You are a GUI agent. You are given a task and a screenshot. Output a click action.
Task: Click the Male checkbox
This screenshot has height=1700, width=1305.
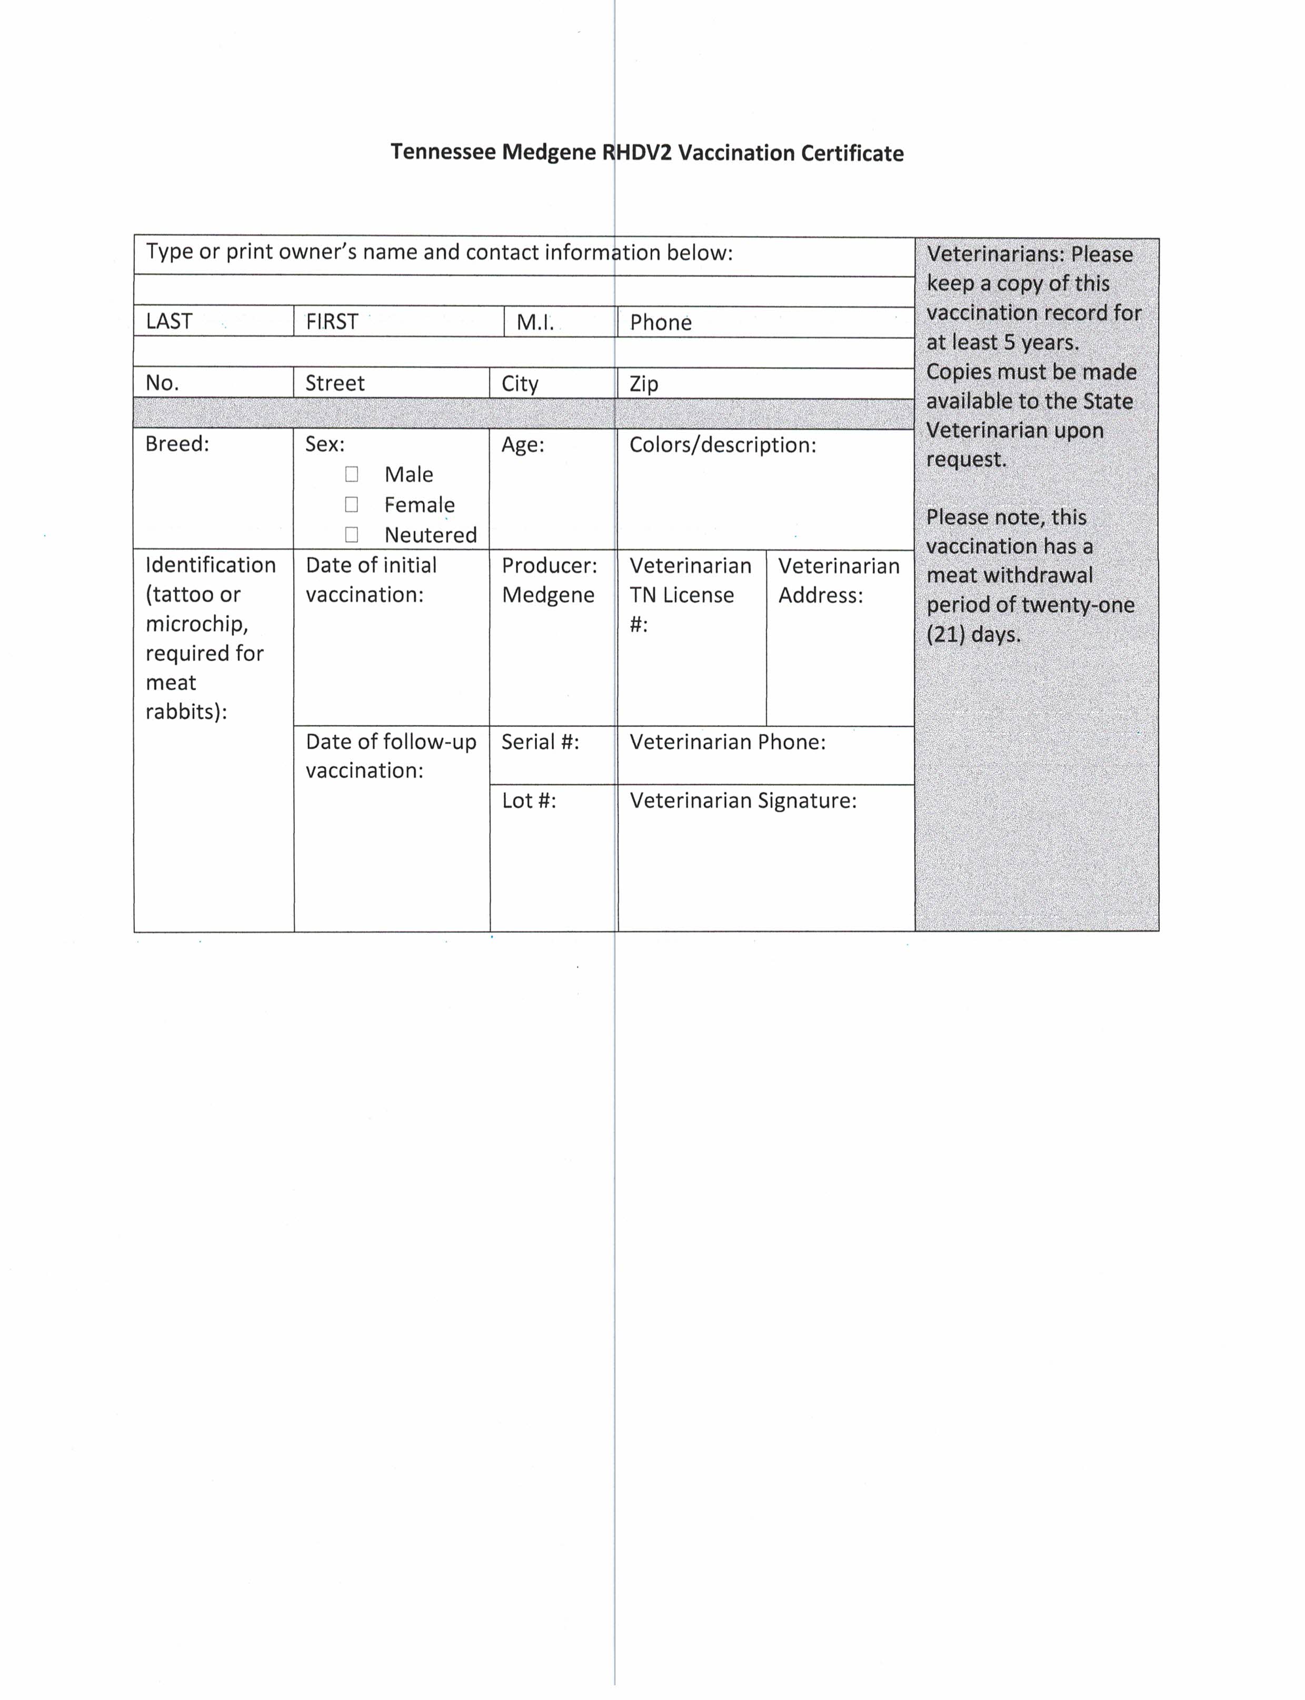coord(352,474)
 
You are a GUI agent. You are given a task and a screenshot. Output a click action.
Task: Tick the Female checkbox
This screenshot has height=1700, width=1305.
coord(352,505)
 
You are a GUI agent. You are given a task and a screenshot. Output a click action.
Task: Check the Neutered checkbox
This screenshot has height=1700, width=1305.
coord(352,534)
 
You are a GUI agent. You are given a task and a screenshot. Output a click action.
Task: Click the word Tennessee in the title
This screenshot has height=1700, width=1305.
coord(443,152)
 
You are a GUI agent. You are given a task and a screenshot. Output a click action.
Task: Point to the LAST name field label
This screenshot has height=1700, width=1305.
coord(168,321)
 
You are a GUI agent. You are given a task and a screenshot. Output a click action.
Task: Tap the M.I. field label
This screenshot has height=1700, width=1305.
coord(535,322)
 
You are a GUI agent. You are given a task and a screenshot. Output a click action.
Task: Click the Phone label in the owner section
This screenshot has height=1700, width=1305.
coord(660,322)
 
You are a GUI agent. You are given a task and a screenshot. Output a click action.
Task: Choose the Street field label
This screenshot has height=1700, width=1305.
coord(335,383)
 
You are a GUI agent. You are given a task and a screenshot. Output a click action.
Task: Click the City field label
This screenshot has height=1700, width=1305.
coord(520,384)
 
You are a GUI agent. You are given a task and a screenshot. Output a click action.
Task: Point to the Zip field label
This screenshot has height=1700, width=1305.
coord(644,384)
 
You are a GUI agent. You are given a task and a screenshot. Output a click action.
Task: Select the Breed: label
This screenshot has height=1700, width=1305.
coord(177,444)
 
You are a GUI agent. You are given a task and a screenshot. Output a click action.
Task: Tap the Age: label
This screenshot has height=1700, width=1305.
coord(523,444)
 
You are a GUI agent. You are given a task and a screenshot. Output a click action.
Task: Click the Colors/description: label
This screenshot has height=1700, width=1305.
coord(722,444)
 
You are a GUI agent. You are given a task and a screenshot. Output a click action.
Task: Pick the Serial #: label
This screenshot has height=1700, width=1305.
coord(540,742)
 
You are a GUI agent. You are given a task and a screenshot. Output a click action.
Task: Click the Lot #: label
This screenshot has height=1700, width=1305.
coord(529,800)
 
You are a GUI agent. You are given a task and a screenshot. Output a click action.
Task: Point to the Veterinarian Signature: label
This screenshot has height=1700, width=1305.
coord(743,800)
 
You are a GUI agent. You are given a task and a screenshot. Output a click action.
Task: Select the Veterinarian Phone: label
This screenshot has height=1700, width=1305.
coord(727,742)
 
